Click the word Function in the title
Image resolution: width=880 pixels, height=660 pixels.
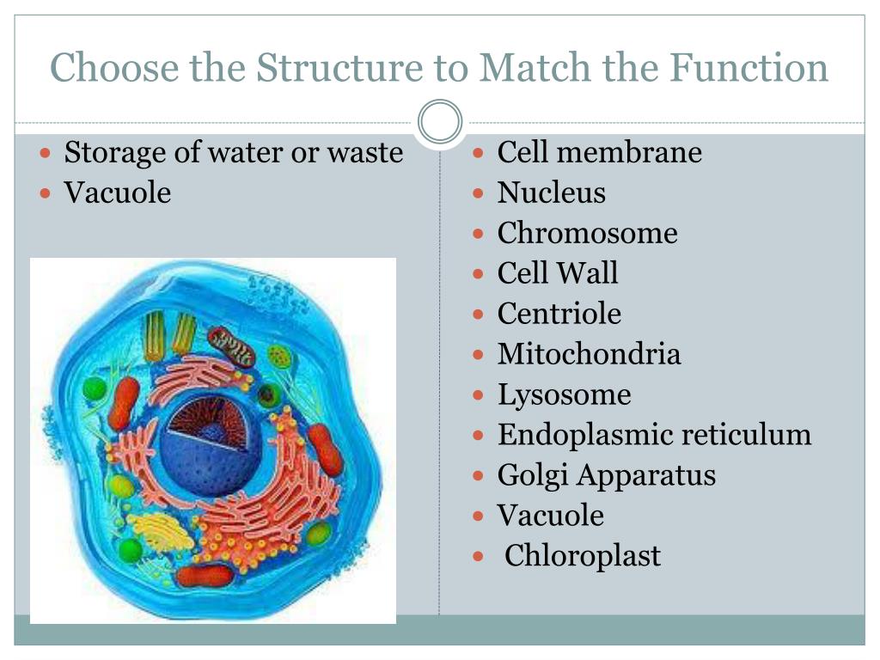click(x=749, y=68)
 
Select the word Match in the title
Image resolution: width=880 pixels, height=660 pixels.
click(x=529, y=68)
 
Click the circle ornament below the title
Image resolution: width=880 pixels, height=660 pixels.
click(x=440, y=122)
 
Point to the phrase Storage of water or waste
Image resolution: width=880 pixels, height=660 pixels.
click(x=234, y=153)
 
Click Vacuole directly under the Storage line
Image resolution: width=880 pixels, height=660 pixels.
click(x=118, y=192)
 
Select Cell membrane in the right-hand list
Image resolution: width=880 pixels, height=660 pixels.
click(x=599, y=153)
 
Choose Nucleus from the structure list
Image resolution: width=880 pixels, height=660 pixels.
click(x=551, y=192)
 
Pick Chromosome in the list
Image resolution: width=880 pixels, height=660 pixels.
click(x=587, y=233)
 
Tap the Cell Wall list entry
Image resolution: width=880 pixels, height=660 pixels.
click(x=558, y=273)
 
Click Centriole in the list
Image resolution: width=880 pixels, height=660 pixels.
click(x=559, y=314)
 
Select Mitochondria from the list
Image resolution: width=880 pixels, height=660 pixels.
click(x=589, y=354)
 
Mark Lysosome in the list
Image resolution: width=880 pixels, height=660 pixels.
click(x=564, y=394)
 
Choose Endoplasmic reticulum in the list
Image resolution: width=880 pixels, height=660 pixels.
click(x=654, y=435)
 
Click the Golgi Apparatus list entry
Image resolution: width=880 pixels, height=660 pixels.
click(x=606, y=475)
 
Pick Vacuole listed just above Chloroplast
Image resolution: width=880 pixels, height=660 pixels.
click(x=550, y=516)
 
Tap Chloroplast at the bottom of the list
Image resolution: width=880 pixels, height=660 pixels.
click(x=583, y=556)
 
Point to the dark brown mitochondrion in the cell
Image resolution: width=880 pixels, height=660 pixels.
click(x=231, y=344)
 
